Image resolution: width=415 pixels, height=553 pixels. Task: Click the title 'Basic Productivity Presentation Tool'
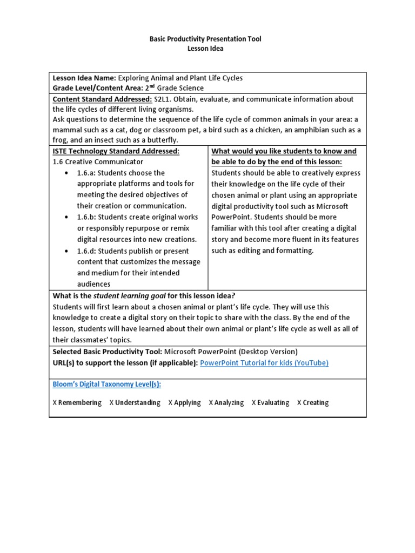click(205, 39)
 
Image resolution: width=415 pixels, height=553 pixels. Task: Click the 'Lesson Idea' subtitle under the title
click(205, 49)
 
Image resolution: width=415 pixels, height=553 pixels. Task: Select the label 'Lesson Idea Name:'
click(84, 78)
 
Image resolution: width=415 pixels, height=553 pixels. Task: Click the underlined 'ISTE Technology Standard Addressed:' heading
click(116, 151)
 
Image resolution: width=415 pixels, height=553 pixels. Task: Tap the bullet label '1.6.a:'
click(88, 173)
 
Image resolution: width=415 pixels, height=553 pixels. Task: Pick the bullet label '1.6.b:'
click(88, 217)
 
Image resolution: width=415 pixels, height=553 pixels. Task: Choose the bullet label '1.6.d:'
click(88, 251)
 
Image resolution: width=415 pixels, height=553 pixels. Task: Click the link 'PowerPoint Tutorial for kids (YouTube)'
click(264, 363)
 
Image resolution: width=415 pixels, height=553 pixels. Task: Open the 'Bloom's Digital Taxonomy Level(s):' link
click(107, 384)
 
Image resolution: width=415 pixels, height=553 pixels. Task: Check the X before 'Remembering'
click(55, 403)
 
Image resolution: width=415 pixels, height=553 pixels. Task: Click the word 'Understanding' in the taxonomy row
click(138, 403)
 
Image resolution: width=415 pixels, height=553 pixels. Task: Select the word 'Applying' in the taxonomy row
click(188, 403)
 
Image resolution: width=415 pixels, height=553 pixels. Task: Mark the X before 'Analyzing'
click(211, 403)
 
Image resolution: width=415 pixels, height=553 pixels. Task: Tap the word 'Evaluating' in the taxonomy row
click(273, 403)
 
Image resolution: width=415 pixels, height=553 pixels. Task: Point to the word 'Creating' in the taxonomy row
click(316, 403)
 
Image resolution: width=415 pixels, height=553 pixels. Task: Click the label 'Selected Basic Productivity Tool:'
click(108, 352)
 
